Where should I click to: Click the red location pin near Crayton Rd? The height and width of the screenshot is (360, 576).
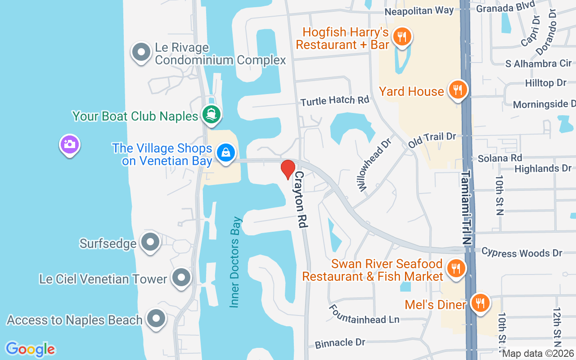coord(288,169)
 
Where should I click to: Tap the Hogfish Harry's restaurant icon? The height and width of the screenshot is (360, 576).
coord(402,37)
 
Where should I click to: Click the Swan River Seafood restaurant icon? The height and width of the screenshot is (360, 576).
coord(456,269)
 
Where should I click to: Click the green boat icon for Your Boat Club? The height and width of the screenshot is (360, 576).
coord(211,114)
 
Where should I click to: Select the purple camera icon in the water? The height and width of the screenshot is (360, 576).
coord(69,144)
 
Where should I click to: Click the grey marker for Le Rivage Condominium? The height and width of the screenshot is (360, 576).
coord(141,52)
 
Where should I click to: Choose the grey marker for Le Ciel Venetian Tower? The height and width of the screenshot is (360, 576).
coord(181,278)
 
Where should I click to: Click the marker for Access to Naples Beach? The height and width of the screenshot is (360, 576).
coord(156,319)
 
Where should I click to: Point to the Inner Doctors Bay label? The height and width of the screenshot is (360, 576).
coord(235,263)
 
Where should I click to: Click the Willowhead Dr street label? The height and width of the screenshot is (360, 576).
coord(373,163)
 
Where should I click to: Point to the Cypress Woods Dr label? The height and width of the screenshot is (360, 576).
coord(522,252)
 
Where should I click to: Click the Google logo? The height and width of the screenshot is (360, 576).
coord(30,349)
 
